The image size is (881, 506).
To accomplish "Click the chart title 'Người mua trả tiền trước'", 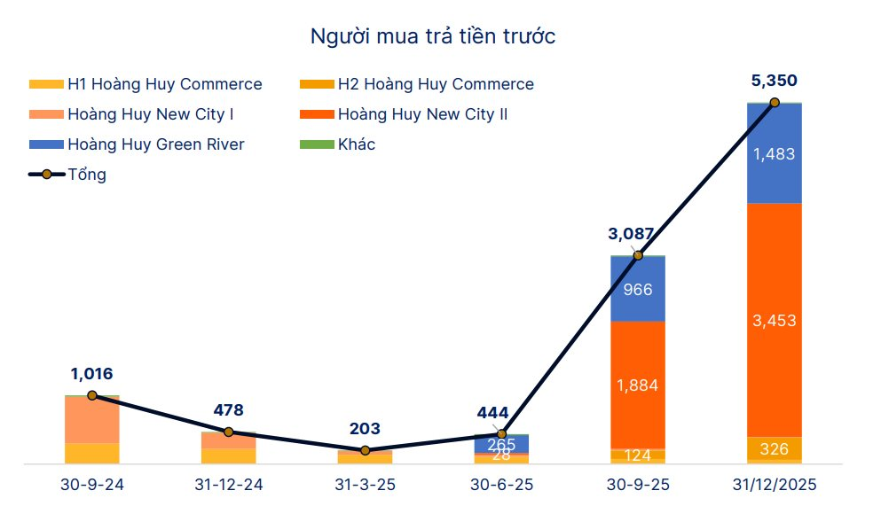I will tap(432, 36).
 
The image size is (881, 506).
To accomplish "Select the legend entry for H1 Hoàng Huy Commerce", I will tap(146, 85).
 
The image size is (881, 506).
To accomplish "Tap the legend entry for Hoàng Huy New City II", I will tap(403, 114).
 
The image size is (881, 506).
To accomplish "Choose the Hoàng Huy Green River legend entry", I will tap(137, 144).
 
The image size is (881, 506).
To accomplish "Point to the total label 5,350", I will tap(774, 81).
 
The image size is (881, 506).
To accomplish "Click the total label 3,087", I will tap(631, 234).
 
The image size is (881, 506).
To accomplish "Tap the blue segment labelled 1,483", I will tap(774, 154).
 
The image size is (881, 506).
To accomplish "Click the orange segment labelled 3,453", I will tap(774, 320).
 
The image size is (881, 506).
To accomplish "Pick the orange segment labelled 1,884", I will tap(638, 385).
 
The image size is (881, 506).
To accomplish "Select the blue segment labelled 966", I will tap(638, 289).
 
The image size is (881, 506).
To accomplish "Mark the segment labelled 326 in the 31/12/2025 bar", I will tap(774, 448).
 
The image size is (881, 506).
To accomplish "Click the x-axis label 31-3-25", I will tap(365, 486).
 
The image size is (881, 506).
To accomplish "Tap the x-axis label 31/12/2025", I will tap(774, 486).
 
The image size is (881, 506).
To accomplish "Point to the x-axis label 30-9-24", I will tap(91, 486).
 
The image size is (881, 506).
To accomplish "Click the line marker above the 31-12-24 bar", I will tap(228, 432).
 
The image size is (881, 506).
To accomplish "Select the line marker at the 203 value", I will tap(365, 451).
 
